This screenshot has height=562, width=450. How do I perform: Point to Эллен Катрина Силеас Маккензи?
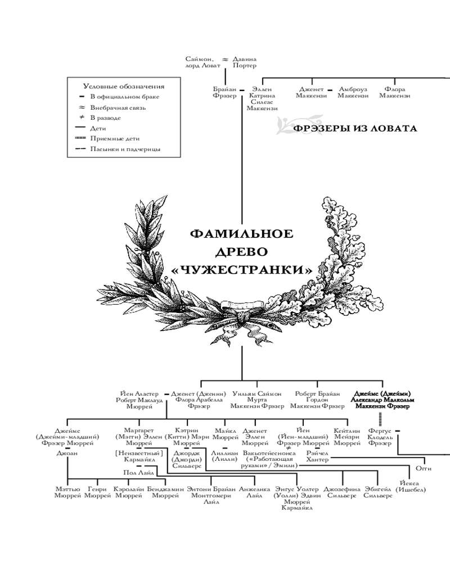point(262,99)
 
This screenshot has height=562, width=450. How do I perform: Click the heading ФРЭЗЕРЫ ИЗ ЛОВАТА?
point(355,129)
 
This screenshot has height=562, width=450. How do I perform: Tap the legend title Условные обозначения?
point(124,87)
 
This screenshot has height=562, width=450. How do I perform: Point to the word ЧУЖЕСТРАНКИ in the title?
point(242,270)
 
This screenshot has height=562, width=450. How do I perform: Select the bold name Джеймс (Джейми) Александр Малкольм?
point(382,400)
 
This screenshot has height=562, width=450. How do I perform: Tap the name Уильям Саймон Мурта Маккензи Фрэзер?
point(257,400)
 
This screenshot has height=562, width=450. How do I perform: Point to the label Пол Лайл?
point(138,473)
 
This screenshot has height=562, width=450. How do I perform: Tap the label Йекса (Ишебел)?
point(410,486)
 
